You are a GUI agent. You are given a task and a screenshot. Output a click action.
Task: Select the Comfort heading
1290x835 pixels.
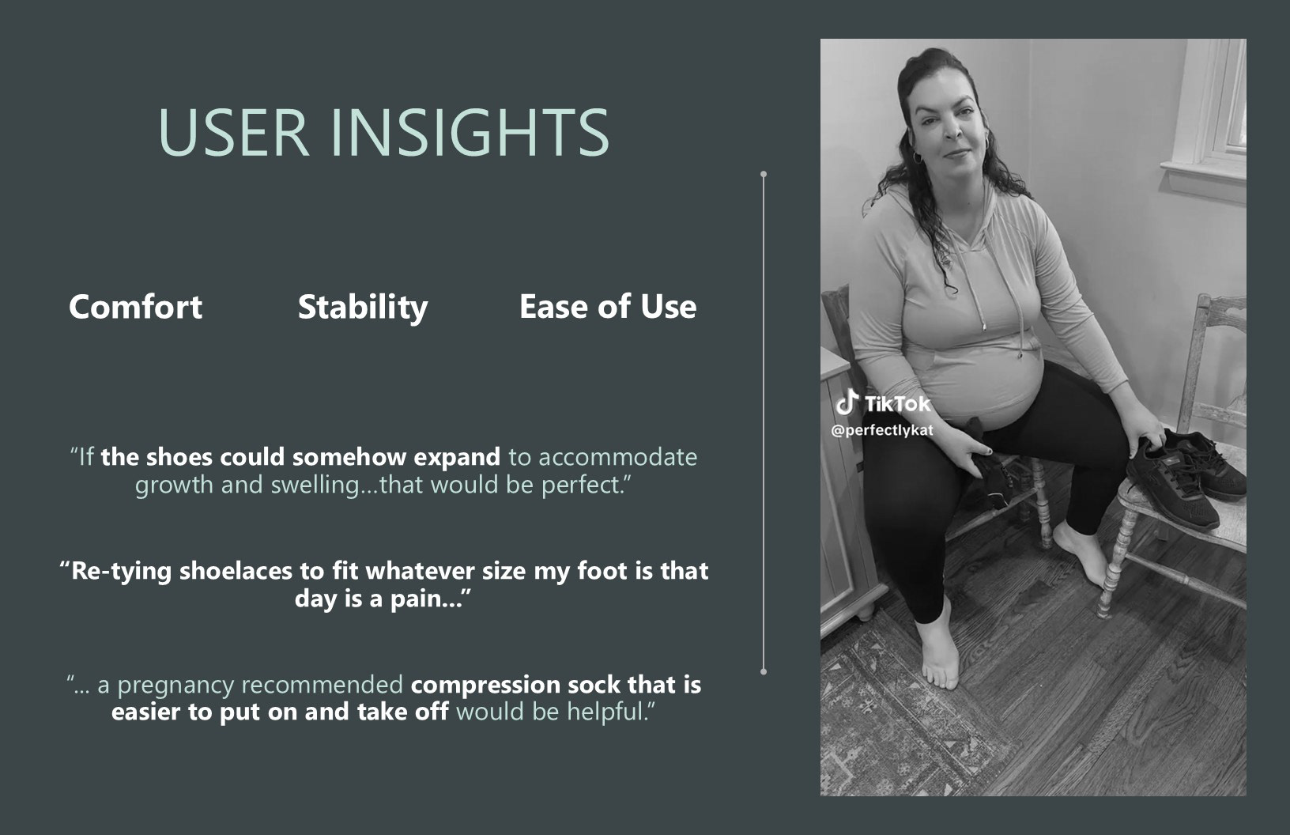coord(135,307)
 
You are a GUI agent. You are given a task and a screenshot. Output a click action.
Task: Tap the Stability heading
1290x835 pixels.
coord(363,308)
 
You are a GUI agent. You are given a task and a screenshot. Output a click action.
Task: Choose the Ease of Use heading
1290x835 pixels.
coord(608,307)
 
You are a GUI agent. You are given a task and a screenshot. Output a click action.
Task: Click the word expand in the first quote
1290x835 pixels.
coord(457,458)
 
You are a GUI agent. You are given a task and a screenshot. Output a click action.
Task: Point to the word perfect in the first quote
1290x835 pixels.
coord(581,486)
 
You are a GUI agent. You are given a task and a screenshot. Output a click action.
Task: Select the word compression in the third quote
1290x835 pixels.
coord(485,686)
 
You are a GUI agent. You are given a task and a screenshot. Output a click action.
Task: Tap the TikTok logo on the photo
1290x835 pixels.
coord(883,402)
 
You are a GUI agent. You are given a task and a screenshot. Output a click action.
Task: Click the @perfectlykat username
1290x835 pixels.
coord(881,430)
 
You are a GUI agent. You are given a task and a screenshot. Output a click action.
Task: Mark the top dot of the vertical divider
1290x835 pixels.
coord(764,173)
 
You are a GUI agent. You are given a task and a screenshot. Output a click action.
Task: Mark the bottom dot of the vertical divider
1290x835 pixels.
coord(764,671)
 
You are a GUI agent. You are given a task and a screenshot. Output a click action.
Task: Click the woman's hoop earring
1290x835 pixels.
coord(918,157)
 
